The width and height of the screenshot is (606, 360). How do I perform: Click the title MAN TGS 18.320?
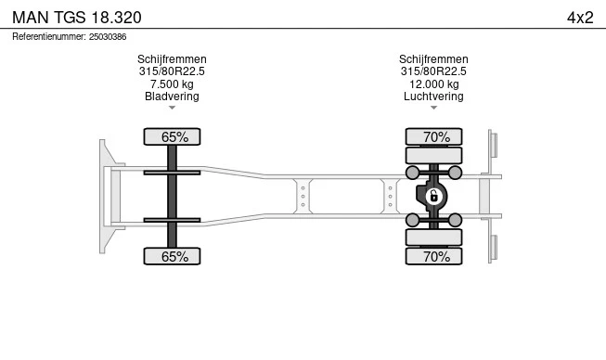pyautogui.click(x=77, y=18)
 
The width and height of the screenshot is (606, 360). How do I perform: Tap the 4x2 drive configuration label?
pyautogui.click(x=580, y=18)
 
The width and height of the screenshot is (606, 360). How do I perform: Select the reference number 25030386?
pyautogui.click(x=108, y=37)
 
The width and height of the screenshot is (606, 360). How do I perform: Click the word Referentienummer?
pyautogui.click(x=49, y=37)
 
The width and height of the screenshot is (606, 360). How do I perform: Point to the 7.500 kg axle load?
pyautogui.click(x=172, y=84)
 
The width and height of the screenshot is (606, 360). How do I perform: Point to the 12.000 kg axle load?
pyautogui.click(x=434, y=84)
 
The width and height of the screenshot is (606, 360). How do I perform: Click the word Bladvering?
pyautogui.click(x=172, y=96)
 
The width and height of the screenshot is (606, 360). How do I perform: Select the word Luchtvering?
pyautogui.click(x=433, y=96)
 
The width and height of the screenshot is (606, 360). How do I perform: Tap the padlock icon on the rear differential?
pyautogui.click(x=433, y=196)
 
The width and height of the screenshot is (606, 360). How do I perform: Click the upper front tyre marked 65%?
pyautogui.click(x=172, y=136)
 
